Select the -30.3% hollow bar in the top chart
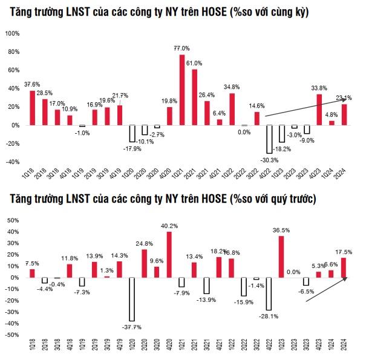pos(269,139)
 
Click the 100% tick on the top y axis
pos(13,33)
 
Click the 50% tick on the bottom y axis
pos(14,221)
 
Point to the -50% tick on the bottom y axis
pos(13,335)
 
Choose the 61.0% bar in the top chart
pos(194,97)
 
